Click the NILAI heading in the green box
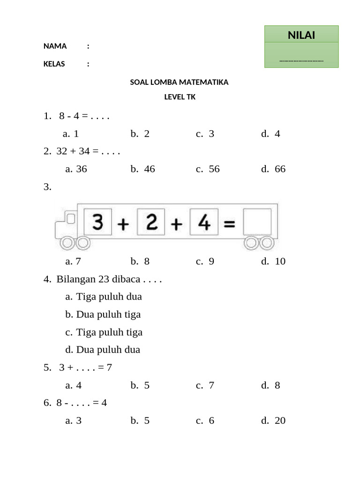[301, 35]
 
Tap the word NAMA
[55, 46]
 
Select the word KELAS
[54, 64]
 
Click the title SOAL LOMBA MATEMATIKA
[179, 82]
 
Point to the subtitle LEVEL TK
[180, 97]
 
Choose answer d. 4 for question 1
[270, 134]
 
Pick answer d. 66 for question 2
[273, 169]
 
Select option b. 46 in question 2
[142, 169]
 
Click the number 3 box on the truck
[97, 222]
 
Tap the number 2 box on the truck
[151, 222]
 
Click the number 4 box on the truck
[204, 222]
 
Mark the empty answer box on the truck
[257, 222]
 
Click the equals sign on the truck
[229, 224]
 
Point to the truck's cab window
[70, 218]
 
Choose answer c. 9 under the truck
[205, 261]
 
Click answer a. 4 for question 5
[74, 385]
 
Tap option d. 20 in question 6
[273, 420]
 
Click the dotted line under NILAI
[301, 60]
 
